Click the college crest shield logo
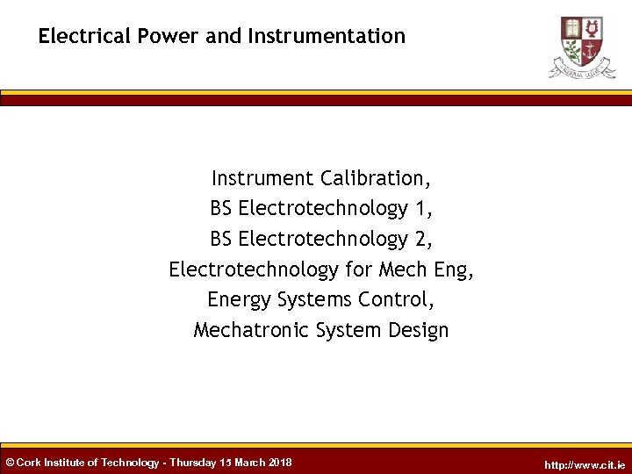(582, 38)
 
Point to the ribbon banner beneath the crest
(582, 68)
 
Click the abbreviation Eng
(453, 269)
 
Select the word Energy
(240, 299)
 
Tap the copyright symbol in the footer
(10, 463)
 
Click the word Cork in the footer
(29, 463)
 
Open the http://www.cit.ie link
(585, 464)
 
